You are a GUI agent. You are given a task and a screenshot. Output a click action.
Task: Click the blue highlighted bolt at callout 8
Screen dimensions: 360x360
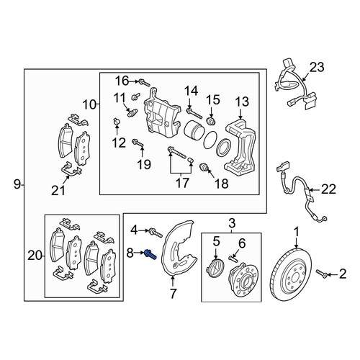[x=150, y=255]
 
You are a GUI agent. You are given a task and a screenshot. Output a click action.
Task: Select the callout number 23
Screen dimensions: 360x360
[x=317, y=67]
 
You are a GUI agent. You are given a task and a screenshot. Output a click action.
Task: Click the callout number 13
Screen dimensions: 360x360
[x=242, y=102]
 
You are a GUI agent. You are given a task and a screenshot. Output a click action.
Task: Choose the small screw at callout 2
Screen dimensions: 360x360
[x=322, y=274]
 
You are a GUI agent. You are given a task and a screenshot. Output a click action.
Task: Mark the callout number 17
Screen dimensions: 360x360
[x=182, y=183]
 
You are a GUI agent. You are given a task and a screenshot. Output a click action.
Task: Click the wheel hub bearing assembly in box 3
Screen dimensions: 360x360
[x=244, y=276]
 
